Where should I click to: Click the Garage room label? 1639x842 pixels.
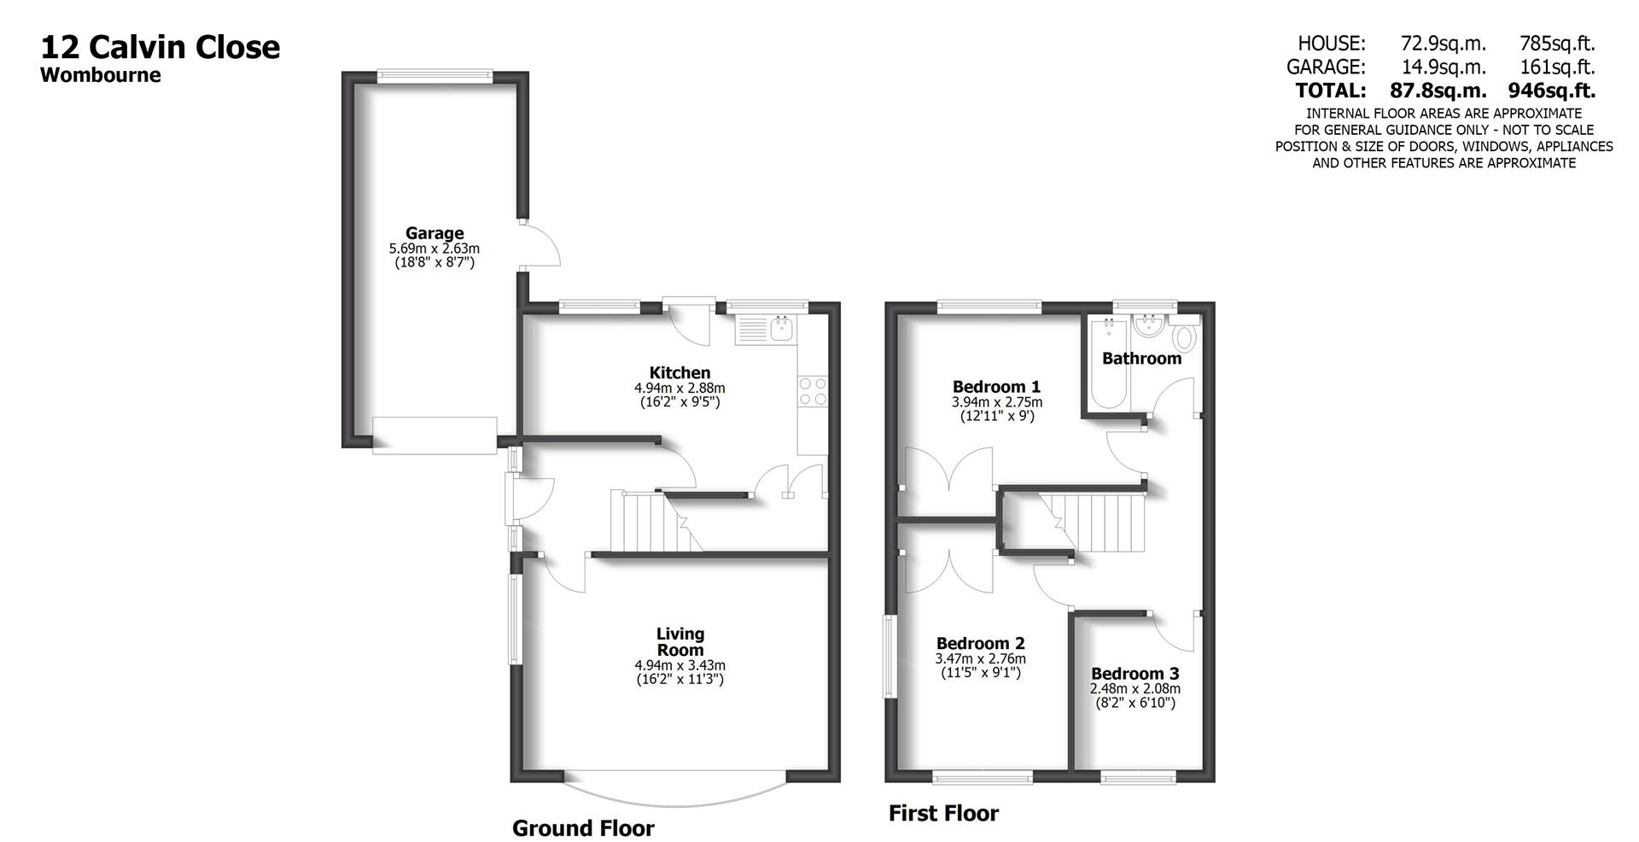point(435,233)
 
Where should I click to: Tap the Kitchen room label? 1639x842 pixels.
point(680,372)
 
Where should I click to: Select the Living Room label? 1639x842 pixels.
point(680,641)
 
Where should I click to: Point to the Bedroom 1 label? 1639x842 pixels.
point(996,387)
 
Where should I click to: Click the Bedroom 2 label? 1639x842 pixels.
point(980,644)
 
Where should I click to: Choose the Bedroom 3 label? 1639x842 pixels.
point(1134,674)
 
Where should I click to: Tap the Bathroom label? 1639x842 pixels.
point(1141,358)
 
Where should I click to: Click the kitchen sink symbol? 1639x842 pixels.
point(781,328)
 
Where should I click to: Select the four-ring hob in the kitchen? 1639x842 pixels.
point(812,392)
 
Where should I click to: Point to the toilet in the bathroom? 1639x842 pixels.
point(1184,336)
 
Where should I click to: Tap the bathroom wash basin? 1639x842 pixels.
point(1148,325)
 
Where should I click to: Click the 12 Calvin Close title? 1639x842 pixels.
point(160,46)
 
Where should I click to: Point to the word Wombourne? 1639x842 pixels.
point(101,75)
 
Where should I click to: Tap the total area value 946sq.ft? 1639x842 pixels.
point(1551,90)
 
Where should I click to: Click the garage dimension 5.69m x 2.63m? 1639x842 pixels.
point(435,249)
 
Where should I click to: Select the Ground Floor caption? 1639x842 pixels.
point(583,827)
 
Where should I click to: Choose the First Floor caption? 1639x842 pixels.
point(943,813)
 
